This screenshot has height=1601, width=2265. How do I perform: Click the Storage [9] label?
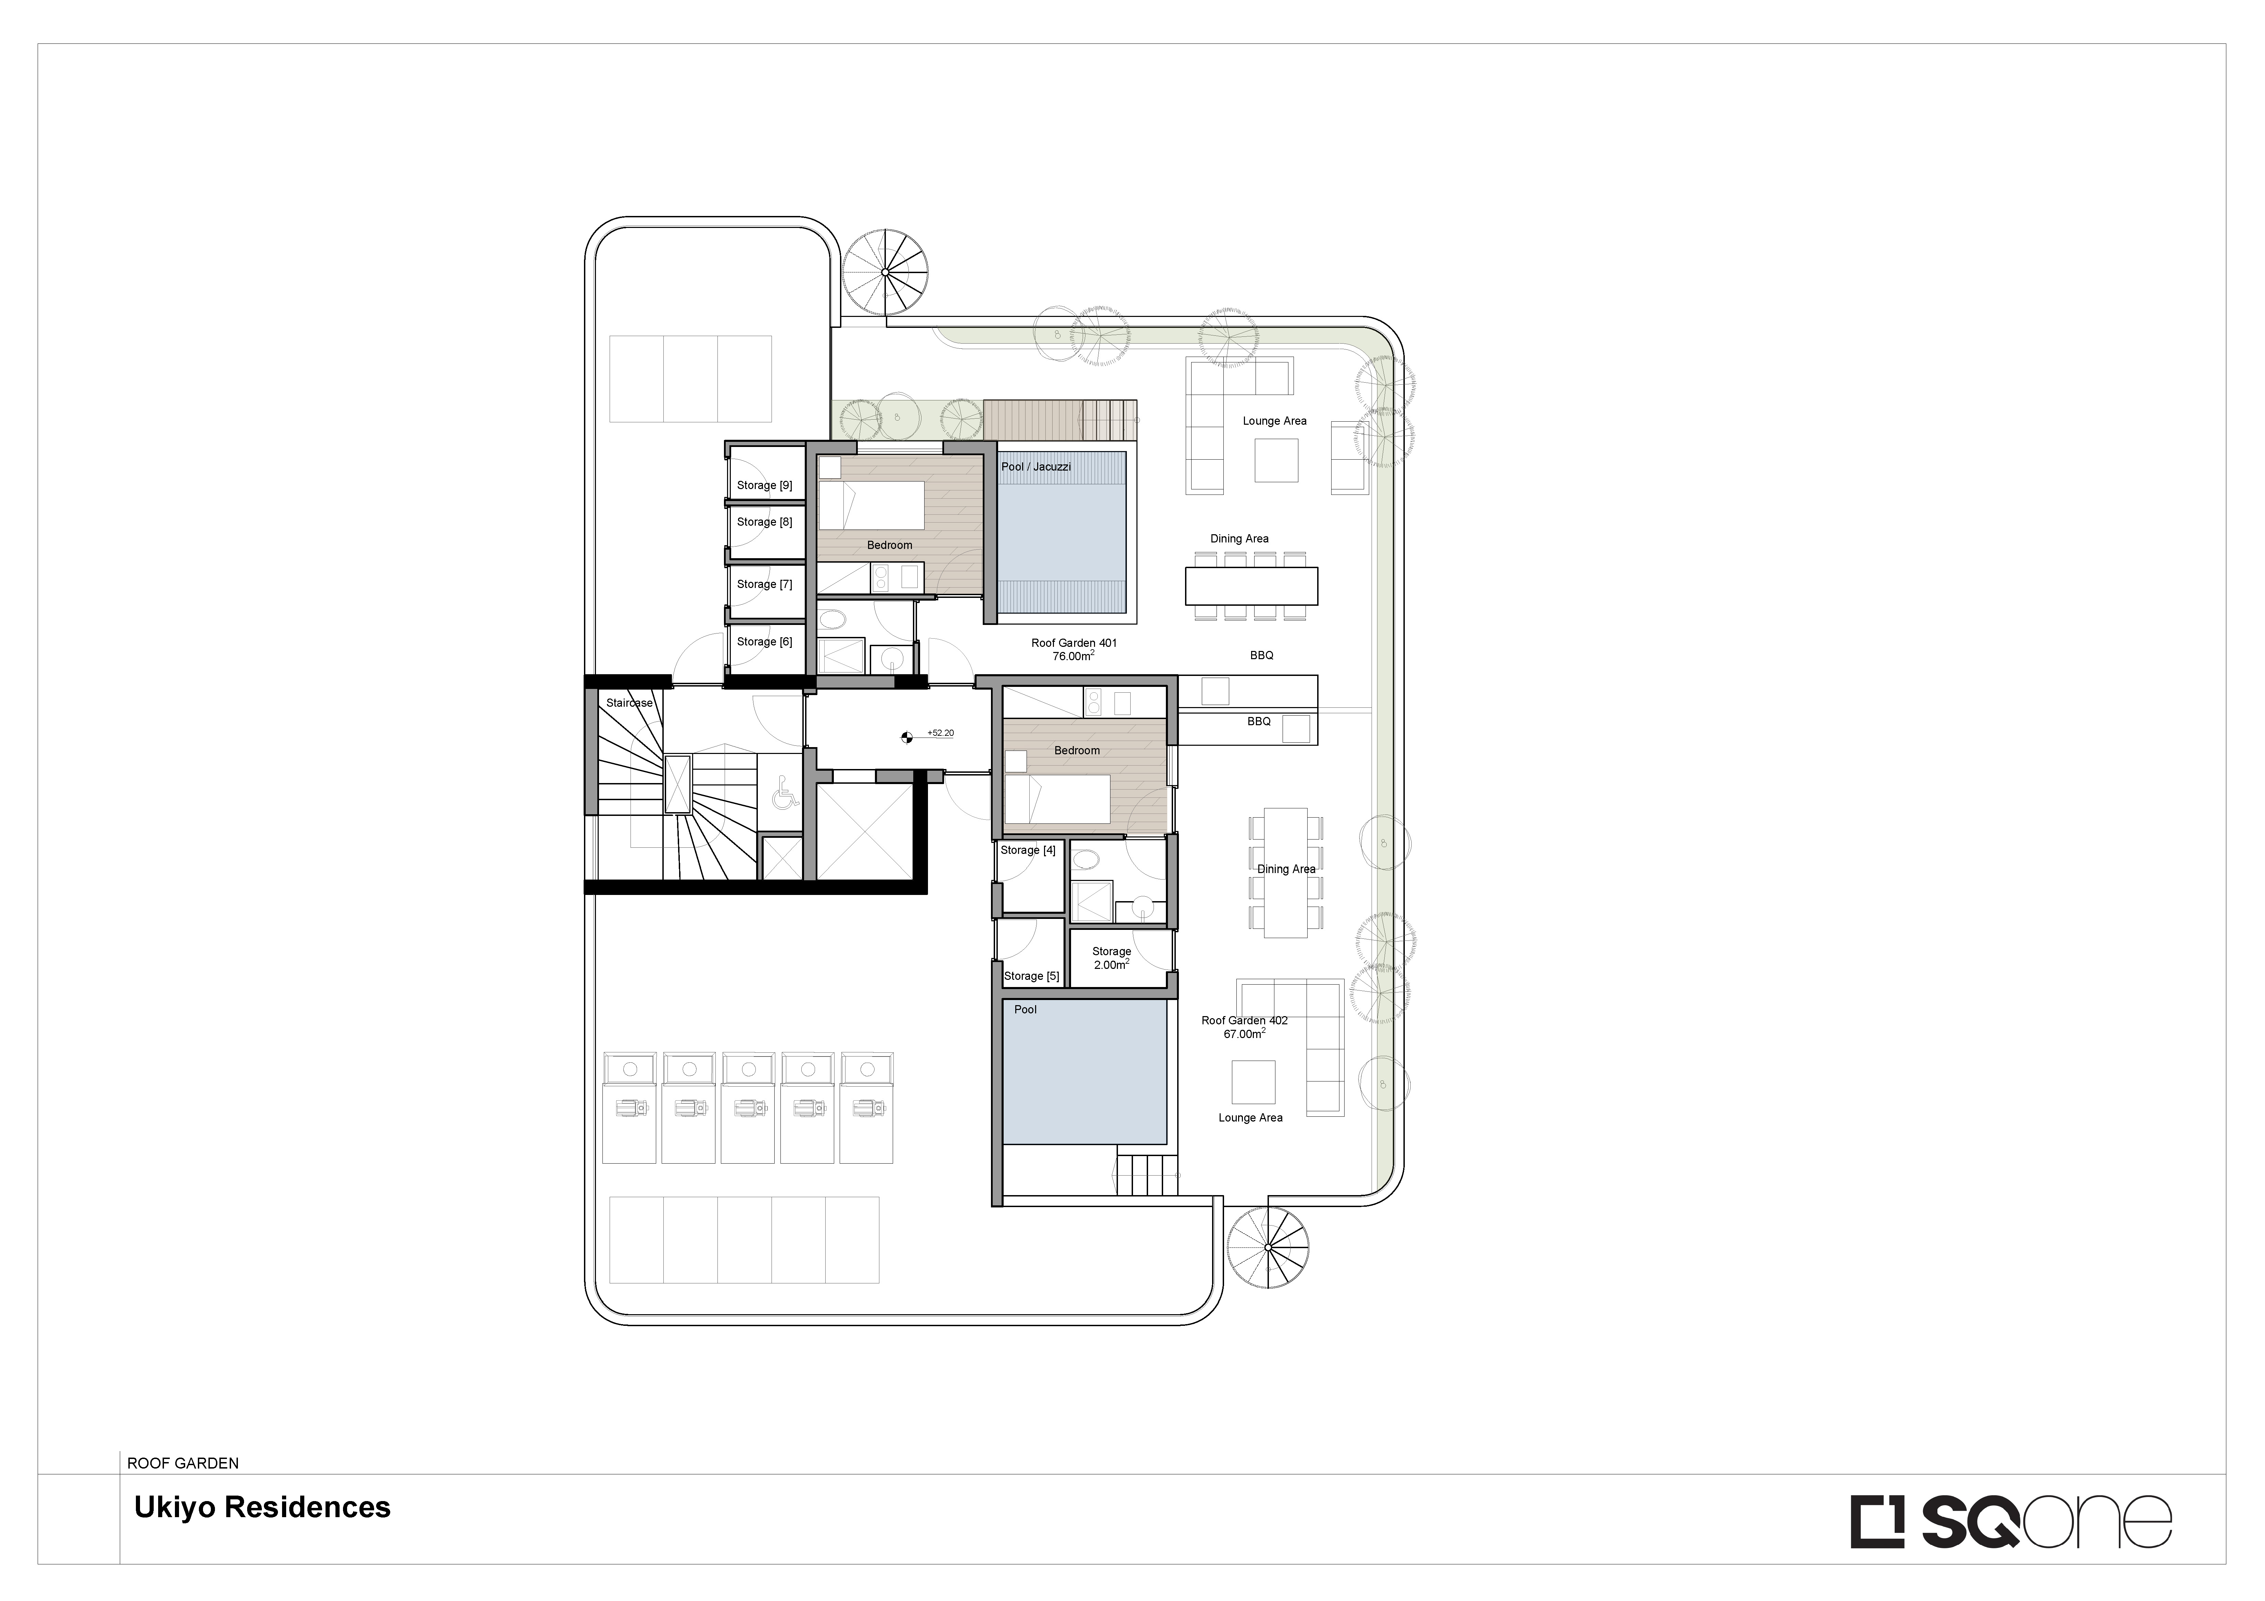[765, 485]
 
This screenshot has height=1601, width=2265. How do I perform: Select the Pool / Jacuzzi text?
[1036, 466]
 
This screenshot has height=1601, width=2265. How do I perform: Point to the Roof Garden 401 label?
[1074, 643]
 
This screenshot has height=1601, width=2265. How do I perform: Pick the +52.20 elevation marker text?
[940, 733]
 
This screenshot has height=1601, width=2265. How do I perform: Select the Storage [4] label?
[1028, 850]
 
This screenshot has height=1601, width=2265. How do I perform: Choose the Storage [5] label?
[1032, 976]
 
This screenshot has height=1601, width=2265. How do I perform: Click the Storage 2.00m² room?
[1112, 959]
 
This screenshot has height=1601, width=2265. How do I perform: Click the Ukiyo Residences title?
[263, 1507]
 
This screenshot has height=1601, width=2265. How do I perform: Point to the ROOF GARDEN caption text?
[183, 1463]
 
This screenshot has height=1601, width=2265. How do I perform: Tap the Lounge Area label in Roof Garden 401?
[1275, 421]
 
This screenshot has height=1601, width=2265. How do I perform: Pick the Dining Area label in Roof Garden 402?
[1286, 869]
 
